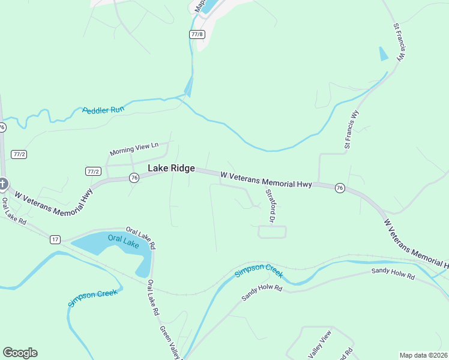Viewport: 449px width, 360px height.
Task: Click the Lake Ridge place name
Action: (x=171, y=169)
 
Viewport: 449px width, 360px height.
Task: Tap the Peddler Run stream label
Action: (x=103, y=110)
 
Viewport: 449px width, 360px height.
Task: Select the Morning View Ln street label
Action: (x=134, y=148)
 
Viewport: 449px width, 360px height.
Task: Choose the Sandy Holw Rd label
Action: (x=393, y=274)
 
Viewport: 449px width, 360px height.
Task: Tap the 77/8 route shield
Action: (x=197, y=35)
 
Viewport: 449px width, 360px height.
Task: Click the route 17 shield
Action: (x=55, y=239)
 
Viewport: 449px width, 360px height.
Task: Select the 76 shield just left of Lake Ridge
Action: (x=134, y=178)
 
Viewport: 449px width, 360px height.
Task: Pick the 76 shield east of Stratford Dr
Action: (x=340, y=188)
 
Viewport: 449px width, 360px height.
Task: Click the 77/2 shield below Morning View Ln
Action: (x=92, y=171)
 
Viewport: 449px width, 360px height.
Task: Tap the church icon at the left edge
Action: (x=2, y=183)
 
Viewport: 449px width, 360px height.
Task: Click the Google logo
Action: (x=20, y=353)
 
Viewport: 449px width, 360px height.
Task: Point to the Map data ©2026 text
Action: (x=424, y=355)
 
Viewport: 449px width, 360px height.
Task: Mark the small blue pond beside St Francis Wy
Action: (x=384, y=54)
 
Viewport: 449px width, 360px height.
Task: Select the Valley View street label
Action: (x=319, y=346)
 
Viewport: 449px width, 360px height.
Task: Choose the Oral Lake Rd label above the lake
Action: (x=141, y=238)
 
